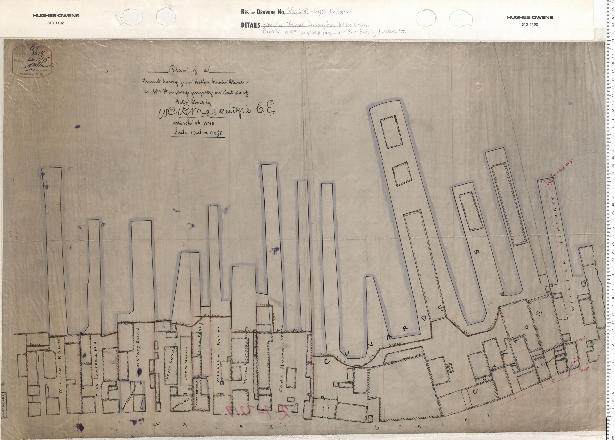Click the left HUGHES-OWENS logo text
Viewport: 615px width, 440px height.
56,16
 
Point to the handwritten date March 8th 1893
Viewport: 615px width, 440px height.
193,123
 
